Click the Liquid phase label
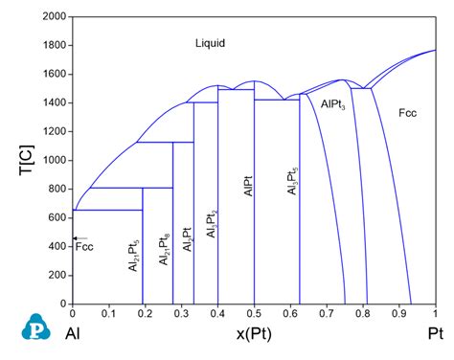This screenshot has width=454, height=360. [212, 43]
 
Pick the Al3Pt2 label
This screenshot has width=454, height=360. [213, 222]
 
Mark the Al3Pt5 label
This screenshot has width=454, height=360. [292, 178]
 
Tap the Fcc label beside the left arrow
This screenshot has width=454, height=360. [85, 247]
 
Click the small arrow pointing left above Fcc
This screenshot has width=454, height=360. [79, 238]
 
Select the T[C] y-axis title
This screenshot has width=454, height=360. [20, 160]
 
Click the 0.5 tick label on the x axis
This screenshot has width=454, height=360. [254, 314]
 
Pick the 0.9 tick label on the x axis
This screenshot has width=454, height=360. [398, 314]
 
